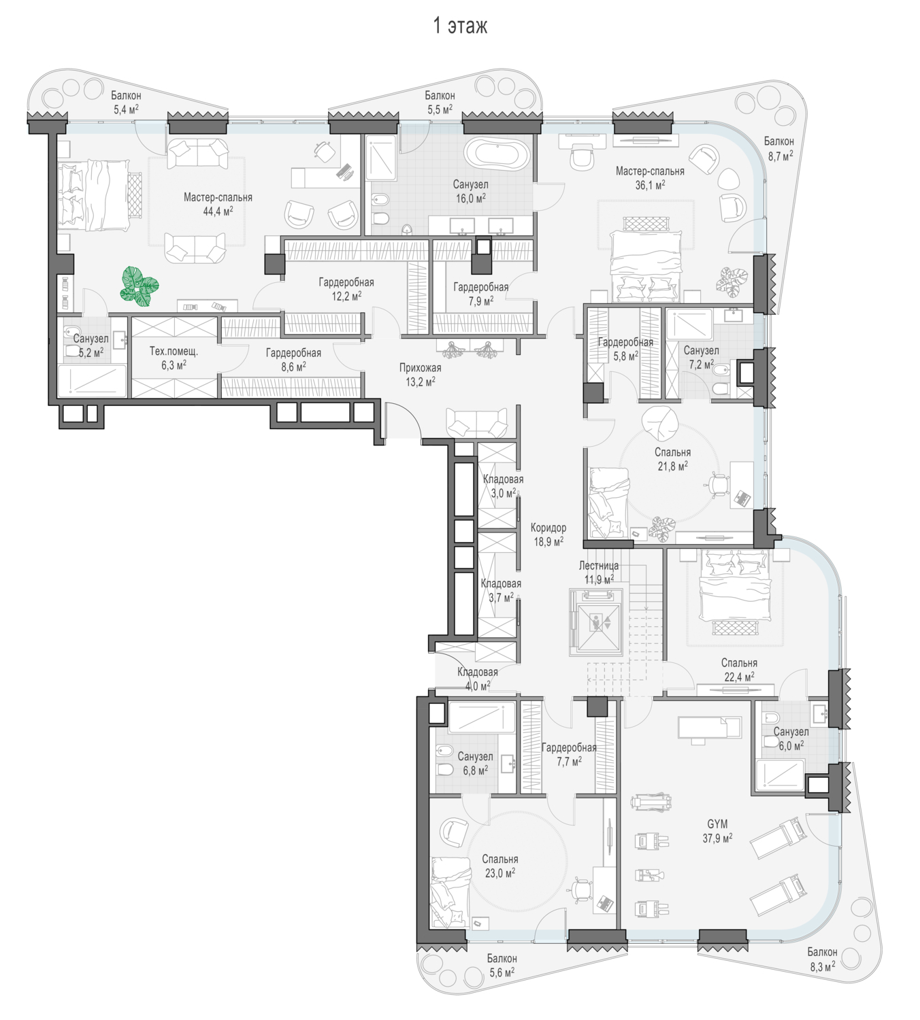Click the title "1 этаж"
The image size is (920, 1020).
point(459,26)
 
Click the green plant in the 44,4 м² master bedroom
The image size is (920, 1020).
point(139,286)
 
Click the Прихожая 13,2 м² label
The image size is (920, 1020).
point(421,374)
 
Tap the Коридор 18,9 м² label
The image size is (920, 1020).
point(548,534)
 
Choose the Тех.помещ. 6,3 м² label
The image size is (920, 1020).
point(174,358)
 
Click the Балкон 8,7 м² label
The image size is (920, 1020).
point(778,148)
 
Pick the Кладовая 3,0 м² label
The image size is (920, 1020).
point(503,486)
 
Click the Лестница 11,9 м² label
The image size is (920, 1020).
point(598,571)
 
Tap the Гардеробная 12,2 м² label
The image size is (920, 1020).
point(346,289)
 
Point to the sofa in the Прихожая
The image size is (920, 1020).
point(476,422)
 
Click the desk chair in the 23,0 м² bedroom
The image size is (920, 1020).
point(582,889)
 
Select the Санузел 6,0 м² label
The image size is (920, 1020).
point(791,738)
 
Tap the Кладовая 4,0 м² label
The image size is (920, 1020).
point(477,679)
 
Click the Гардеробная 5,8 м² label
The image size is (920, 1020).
point(625,349)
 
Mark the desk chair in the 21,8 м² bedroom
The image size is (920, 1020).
point(717,483)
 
